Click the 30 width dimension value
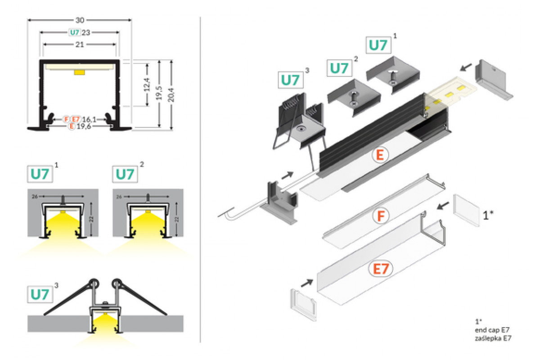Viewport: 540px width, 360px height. pyautogui.click(x=80, y=20)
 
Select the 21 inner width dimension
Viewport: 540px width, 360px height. pyautogui.click(x=80, y=45)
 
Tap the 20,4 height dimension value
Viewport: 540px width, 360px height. pyautogui.click(x=171, y=95)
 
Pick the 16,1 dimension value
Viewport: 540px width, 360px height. pyautogui.click(x=90, y=119)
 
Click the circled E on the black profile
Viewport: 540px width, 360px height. pyautogui.click(x=380, y=155)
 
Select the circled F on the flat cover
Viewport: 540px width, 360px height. pyautogui.click(x=381, y=216)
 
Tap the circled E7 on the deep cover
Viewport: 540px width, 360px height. pyautogui.click(x=381, y=269)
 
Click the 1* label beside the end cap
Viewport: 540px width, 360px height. pyautogui.click(x=489, y=215)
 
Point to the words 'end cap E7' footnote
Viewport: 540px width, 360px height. pyautogui.click(x=488, y=330)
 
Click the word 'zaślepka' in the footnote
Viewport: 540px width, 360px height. pyautogui.click(x=484, y=338)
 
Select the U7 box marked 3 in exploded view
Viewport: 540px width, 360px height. pyautogui.click(x=290, y=80)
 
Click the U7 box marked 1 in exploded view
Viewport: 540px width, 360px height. pyautogui.click(x=378, y=45)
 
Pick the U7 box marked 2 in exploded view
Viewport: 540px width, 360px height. pyautogui.click(x=340, y=68)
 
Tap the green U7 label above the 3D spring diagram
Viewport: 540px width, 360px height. pyautogui.click(x=40, y=294)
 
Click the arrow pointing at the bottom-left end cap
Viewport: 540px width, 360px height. pyautogui.click(x=306, y=283)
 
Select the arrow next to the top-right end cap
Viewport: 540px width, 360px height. pyautogui.click(x=466, y=67)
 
